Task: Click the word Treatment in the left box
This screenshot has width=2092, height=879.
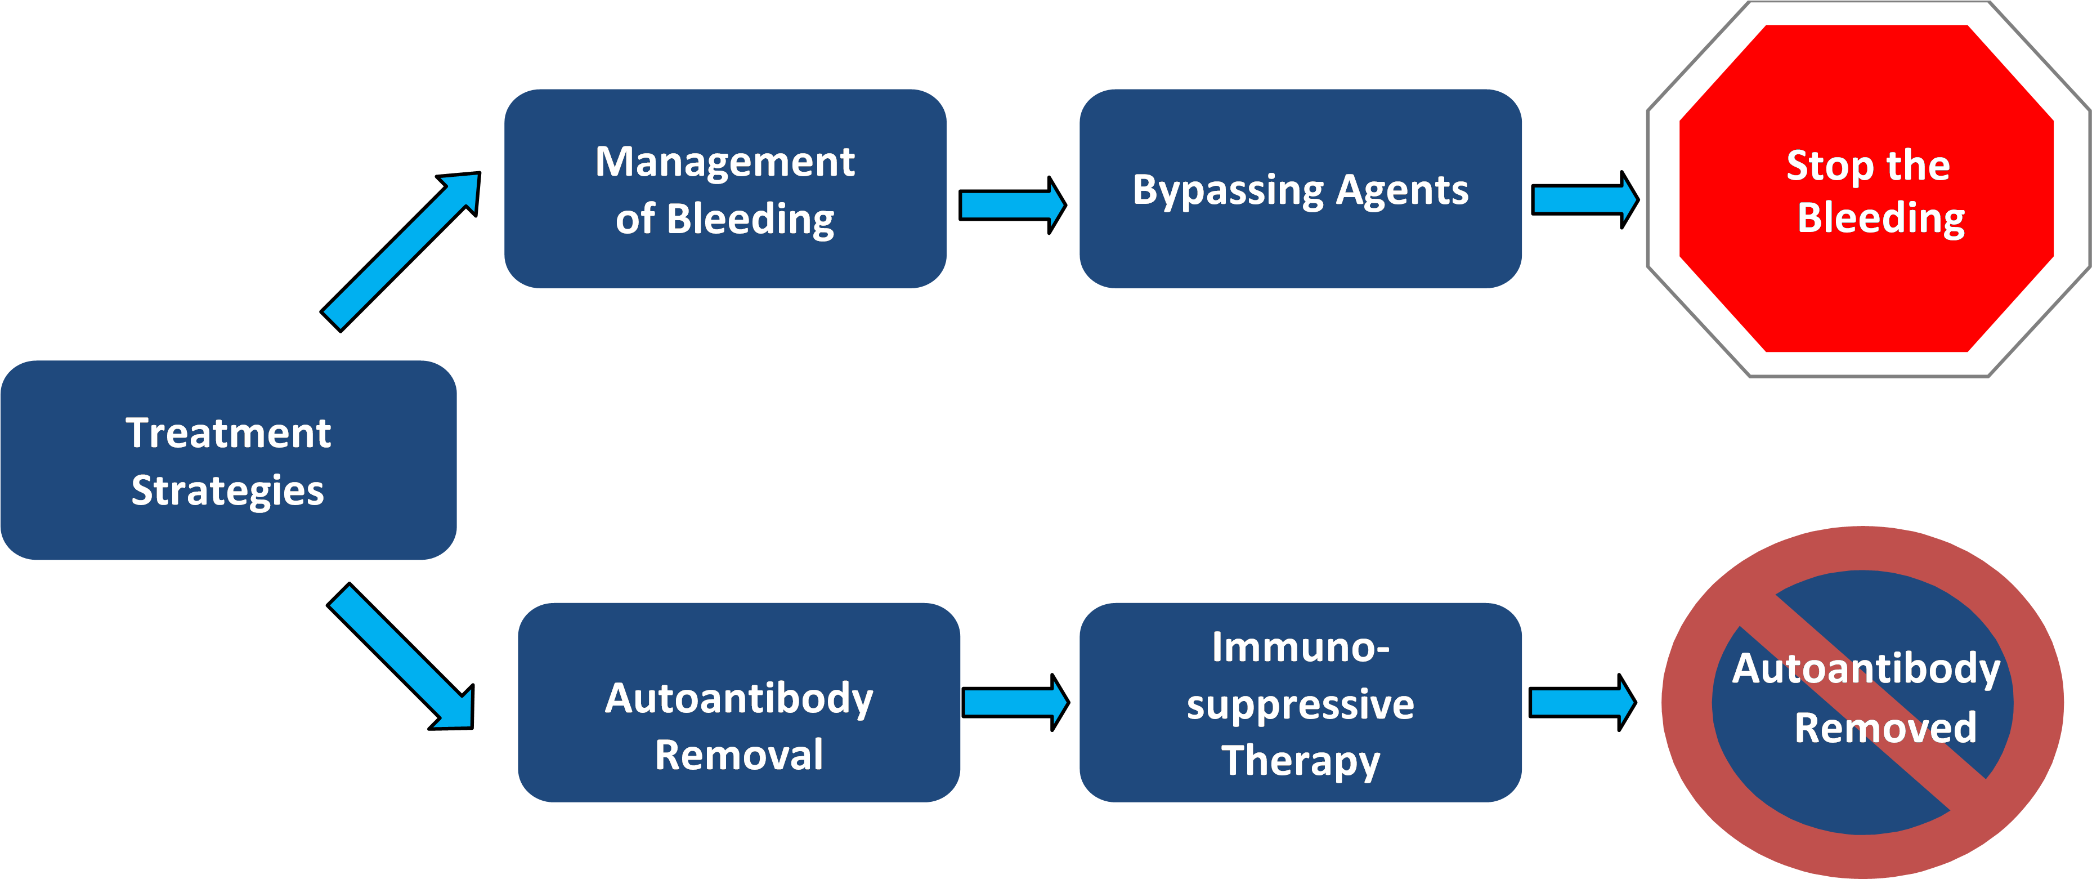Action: click(228, 433)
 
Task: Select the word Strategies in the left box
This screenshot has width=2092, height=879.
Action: click(228, 490)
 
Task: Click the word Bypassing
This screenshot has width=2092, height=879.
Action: click(1229, 191)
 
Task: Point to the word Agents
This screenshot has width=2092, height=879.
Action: click(1403, 191)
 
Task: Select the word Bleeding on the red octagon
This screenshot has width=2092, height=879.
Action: click(1881, 218)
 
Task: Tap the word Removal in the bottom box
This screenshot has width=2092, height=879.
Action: click(738, 755)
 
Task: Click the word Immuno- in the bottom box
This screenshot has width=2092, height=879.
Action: click(1300, 648)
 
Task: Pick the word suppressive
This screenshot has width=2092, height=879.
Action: click(1300, 705)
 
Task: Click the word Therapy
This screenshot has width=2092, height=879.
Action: click(1300, 761)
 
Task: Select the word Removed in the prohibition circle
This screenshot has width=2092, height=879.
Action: click(1885, 727)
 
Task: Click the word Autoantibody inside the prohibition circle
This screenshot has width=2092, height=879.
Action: click(1865, 670)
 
